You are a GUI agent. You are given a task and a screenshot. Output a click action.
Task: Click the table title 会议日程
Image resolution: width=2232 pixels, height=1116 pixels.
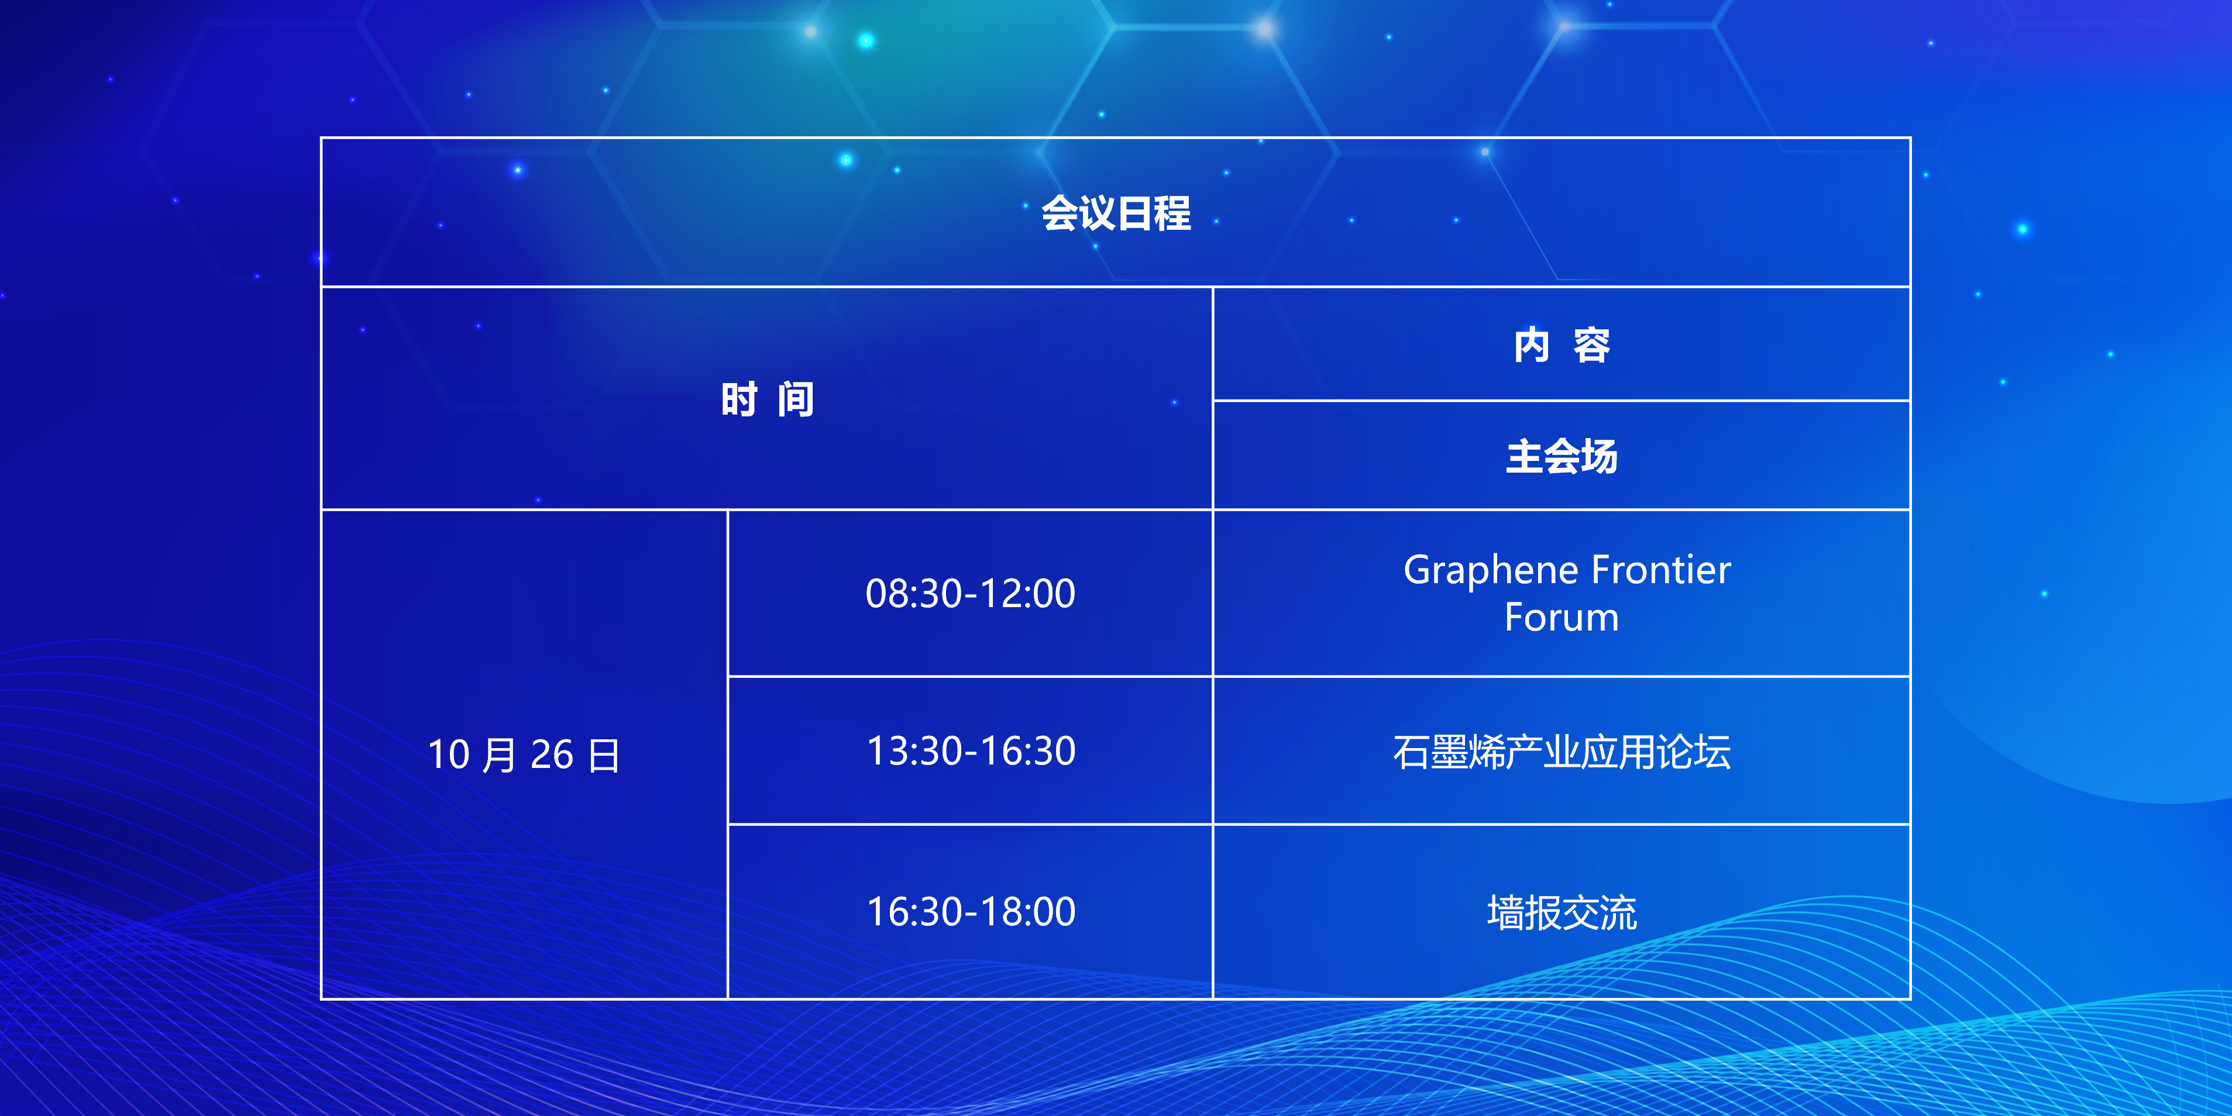click(1116, 213)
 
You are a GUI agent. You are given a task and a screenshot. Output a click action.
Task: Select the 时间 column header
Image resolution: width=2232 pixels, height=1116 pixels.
click(768, 399)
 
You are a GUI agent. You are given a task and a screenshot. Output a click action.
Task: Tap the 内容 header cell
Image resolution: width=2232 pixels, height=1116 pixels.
click(1562, 345)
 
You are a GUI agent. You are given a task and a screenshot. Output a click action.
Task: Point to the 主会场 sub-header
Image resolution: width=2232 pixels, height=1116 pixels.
click(1562, 456)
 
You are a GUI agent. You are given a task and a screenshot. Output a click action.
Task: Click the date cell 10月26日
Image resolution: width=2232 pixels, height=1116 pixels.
click(524, 755)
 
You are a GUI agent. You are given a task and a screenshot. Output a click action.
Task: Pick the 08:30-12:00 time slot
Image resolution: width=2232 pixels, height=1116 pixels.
click(971, 594)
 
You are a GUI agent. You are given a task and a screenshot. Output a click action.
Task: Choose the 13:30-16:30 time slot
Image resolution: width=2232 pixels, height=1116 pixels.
click(971, 750)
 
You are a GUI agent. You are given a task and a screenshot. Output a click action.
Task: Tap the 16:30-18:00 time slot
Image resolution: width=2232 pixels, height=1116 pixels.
click(971, 911)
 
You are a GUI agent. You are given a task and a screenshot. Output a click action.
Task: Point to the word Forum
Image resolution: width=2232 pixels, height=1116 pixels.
click(1562, 618)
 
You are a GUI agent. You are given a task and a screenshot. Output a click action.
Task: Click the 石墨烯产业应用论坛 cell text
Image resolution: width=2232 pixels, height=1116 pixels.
click(1562, 751)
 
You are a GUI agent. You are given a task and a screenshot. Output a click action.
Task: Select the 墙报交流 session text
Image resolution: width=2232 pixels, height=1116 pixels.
click(1562, 912)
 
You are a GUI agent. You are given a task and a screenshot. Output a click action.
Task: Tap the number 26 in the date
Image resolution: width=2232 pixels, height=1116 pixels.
click(552, 755)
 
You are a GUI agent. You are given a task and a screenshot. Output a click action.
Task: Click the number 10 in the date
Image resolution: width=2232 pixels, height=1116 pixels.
click(449, 755)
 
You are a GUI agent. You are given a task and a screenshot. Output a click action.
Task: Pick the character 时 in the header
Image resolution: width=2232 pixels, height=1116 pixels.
click(739, 399)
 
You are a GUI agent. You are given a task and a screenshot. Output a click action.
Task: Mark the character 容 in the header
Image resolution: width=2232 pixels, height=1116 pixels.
click(1592, 345)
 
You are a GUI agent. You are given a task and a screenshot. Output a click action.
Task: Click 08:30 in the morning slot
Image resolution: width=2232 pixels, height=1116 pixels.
click(914, 594)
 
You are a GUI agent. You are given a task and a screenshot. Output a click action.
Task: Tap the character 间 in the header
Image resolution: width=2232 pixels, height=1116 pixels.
click(796, 399)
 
